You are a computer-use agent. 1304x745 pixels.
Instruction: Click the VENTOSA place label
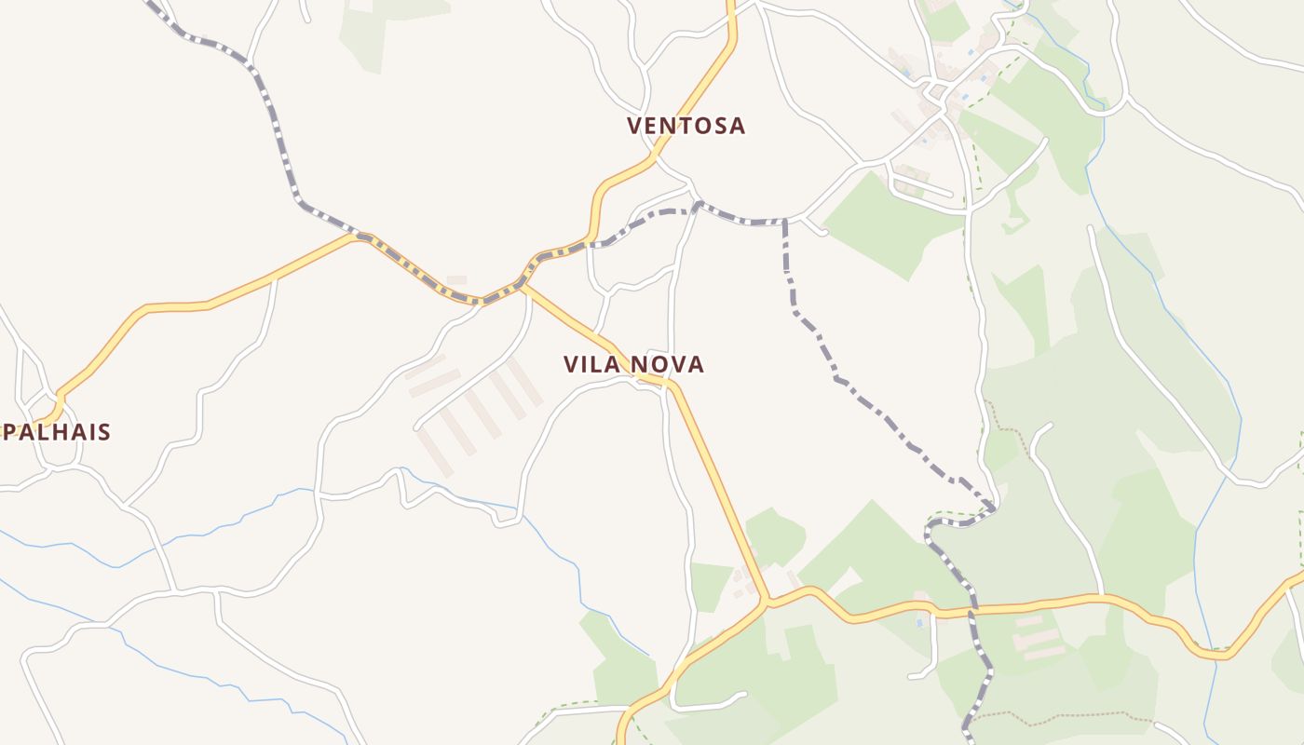(x=686, y=126)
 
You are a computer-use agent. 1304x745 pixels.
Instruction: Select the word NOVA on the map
(x=668, y=364)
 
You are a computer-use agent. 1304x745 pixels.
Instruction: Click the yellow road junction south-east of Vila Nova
(x=767, y=601)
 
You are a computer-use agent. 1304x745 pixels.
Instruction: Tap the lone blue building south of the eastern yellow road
(x=920, y=622)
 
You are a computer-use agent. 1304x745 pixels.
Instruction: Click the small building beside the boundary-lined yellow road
(x=456, y=279)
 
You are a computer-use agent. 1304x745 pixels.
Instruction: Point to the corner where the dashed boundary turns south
(x=785, y=222)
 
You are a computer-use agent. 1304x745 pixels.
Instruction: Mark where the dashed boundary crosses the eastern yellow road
(x=973, y=611)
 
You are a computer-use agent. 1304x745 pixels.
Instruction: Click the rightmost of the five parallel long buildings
(x=525, y=382)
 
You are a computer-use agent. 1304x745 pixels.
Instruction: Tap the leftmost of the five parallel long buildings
(x=435, y=453)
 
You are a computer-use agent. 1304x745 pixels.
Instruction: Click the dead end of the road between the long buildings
(x=416, y=427)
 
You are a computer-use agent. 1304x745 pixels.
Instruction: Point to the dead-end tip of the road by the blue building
(x=911, y=675)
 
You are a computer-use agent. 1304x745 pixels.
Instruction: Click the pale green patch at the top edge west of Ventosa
(x=368, y=33)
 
